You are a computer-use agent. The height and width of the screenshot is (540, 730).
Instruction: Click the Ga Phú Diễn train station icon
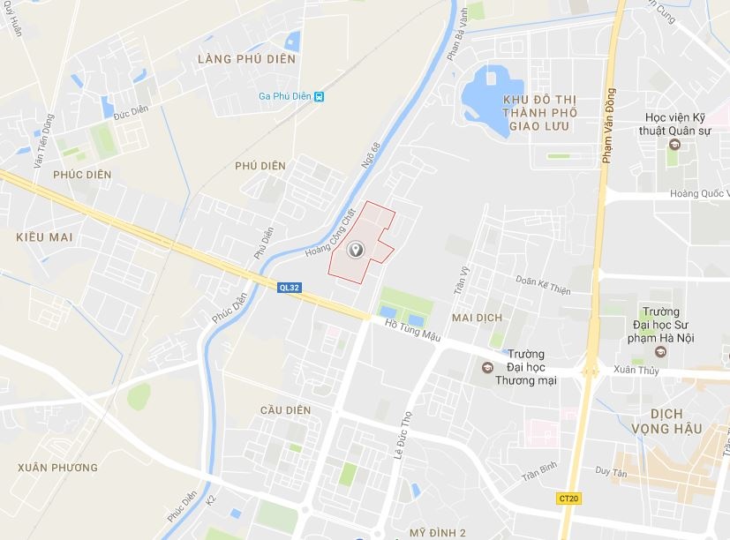tap(319, 97)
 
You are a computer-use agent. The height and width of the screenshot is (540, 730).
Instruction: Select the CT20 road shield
tap(569, 499)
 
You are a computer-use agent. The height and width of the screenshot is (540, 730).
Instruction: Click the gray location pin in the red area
tap(356, 251)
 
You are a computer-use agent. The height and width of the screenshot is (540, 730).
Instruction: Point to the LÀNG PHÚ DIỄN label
tap(247, 59)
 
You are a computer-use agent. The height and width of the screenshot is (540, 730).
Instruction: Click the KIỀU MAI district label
tap(43, 237)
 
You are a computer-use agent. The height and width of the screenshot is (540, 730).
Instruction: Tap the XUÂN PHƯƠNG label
tap(58, 467)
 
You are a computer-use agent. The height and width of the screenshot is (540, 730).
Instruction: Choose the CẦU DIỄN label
tap(286, 410)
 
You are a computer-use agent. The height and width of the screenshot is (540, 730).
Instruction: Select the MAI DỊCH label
tap(476, 317)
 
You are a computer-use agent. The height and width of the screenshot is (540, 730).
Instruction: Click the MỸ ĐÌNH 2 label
tap(438, 532)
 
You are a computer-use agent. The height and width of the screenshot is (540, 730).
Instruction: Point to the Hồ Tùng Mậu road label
tap(413, 333)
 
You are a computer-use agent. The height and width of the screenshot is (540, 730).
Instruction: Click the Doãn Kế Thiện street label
tap(543, 284)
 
